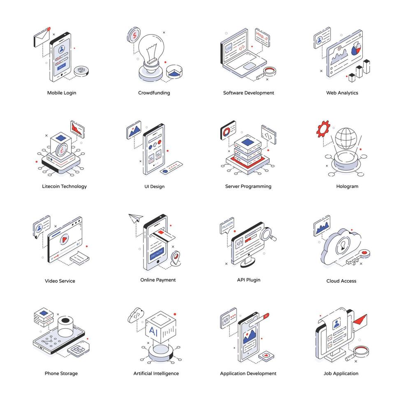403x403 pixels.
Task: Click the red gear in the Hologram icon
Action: click(323, 128)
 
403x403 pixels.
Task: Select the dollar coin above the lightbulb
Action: click(134, 35)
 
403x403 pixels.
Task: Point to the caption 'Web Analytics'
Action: click(342, 93)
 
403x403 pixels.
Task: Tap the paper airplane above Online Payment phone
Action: click(134, 218)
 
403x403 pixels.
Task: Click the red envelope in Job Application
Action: click(360, 320)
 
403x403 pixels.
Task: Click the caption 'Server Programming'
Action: click(248, 186)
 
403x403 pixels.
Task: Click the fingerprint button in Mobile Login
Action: click(81, 71)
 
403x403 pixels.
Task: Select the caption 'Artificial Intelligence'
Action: click(156, 373)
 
